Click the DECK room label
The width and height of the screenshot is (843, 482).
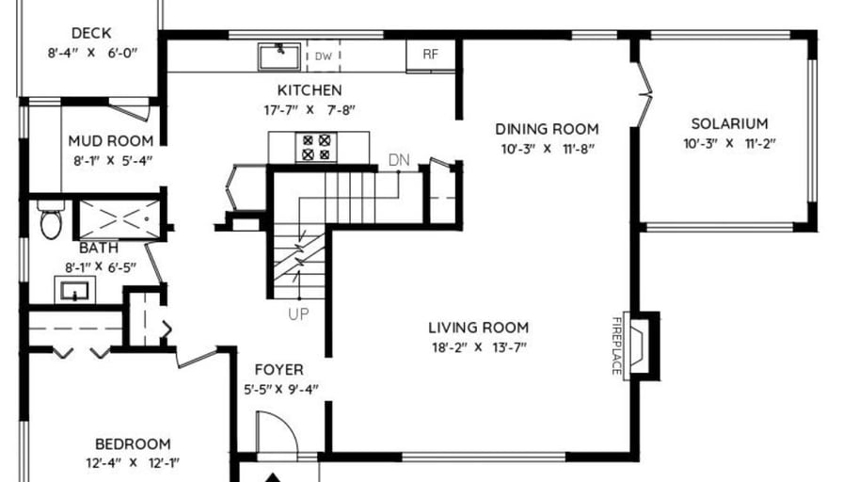coord(91,33)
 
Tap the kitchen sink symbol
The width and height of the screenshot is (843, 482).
coord(279,56)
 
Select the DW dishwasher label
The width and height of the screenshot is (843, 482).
coord(323,56)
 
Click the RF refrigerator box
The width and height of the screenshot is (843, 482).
coord(431,55)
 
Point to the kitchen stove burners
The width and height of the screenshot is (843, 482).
coord(316,148)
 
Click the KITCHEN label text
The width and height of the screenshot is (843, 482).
coord(310,89)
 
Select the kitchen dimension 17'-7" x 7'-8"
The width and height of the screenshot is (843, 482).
coord(310,110)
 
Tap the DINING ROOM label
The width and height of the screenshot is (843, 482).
coord(547,129)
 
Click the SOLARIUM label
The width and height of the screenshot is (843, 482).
coord(729,123)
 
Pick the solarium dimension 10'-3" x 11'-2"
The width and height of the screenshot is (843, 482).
coord(729,144)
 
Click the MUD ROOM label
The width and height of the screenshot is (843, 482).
coord(111,141)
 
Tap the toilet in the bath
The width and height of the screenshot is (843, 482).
coord(51,219)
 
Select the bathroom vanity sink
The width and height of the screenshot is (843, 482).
coord(74,291)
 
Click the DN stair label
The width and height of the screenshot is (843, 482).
coord(399,160)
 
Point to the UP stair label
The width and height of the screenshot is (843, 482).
coord(298,314)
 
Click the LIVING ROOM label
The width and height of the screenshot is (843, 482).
coord(479,328)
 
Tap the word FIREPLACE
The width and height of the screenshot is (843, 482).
coord(616,345)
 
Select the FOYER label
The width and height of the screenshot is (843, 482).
coord(279,370)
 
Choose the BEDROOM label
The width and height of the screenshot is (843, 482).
coord(133,443)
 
